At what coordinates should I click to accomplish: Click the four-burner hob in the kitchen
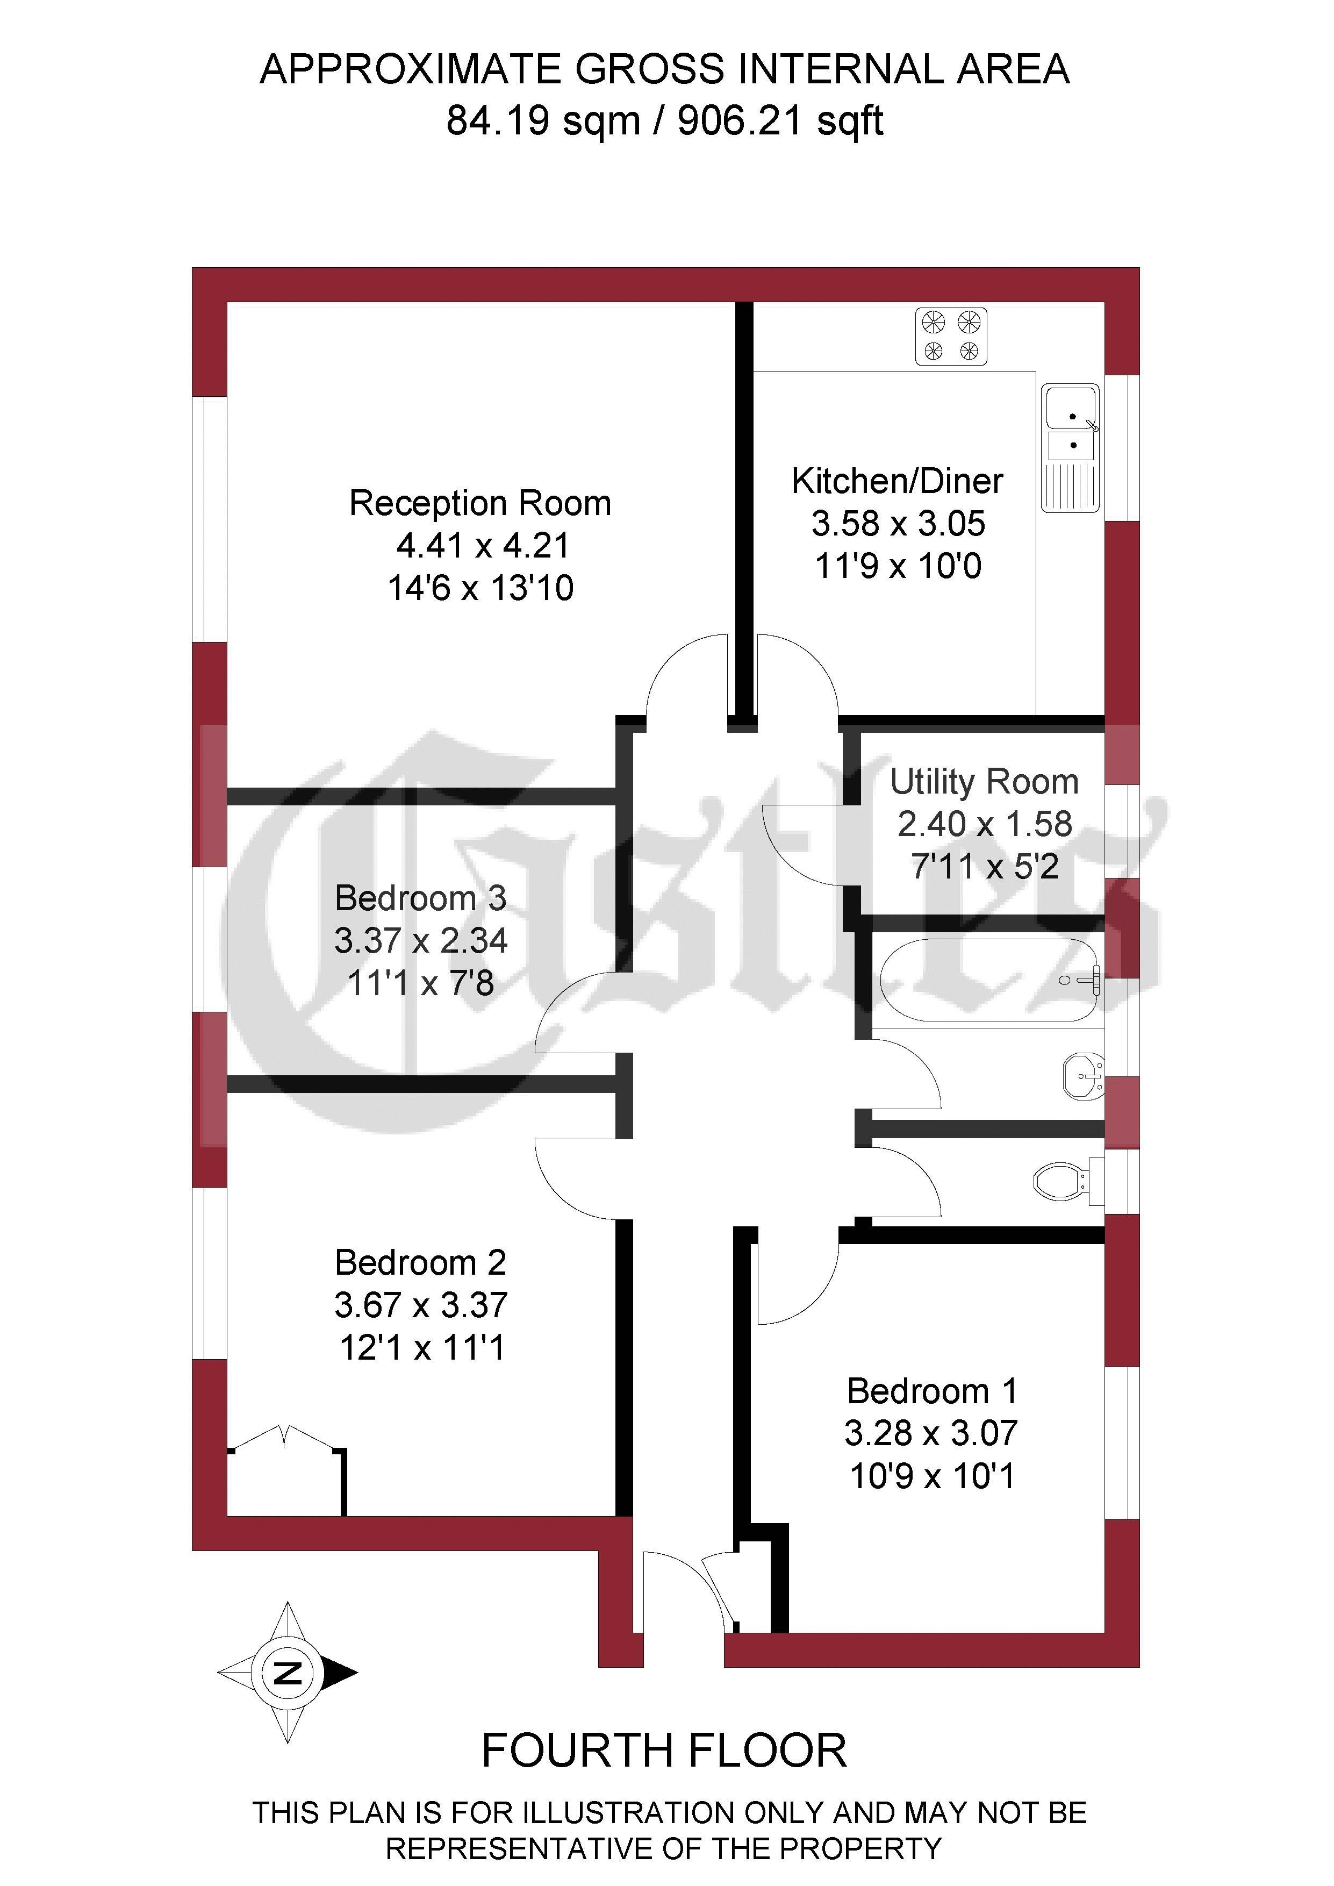(951, 336)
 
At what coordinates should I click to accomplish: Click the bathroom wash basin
(1084, 1077)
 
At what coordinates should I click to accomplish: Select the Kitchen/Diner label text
(898, 481)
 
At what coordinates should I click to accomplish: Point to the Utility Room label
(984, 782)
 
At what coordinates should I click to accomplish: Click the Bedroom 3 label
(421, 898)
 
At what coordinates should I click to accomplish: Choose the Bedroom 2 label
(421, 1262)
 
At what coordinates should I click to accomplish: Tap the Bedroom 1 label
(933, 1391)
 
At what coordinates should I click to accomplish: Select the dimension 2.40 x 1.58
(985, 824)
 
